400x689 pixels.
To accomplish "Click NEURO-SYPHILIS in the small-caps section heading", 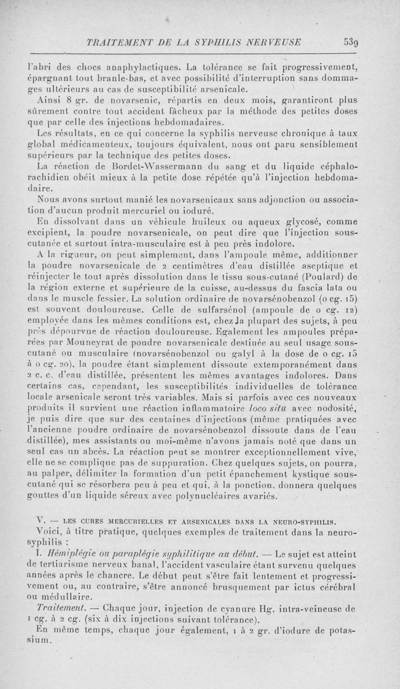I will point(299,519).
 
